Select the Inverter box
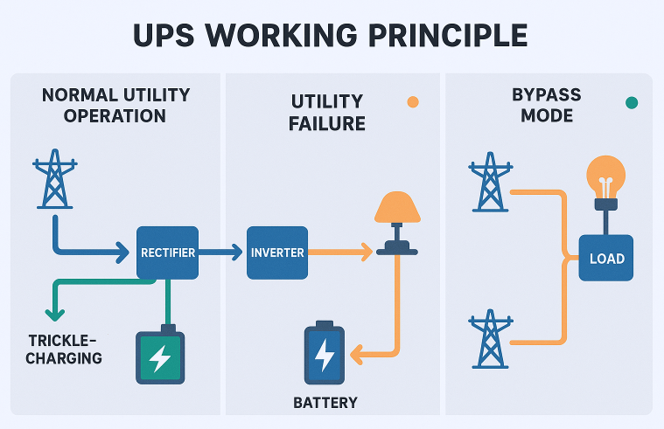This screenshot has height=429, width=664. [277, 253]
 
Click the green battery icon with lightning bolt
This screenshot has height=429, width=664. [160, 356]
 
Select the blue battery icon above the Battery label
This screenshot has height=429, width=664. [325, 355]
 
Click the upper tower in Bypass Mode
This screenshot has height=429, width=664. [489, 183]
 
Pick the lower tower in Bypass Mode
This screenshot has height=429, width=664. [489, 341]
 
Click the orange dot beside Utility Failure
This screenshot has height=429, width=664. [413, 102]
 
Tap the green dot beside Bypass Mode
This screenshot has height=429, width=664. [632, 102]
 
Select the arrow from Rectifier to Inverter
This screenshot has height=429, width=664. [221, 253]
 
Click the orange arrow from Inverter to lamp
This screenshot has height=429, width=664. [341, 253]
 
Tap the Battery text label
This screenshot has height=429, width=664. [325, 403]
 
